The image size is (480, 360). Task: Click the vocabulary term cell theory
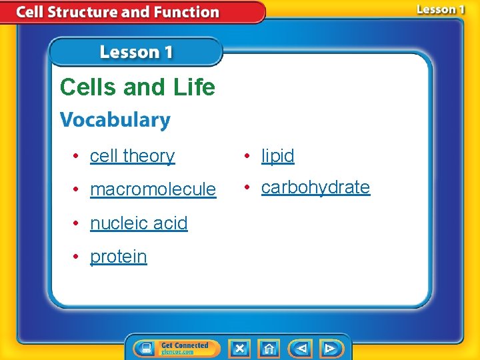(x=132, y=156)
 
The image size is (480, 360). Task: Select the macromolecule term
(x=153, y=190)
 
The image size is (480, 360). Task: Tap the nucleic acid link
(x=139, y=223)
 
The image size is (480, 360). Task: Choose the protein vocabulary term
(x=118, y=257)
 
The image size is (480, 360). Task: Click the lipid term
(x=277, y=156)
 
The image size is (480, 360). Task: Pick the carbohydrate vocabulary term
(x=315, y=187)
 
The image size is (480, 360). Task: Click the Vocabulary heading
(x=115, y=120)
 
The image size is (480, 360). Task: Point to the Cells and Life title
(x=137, y=87)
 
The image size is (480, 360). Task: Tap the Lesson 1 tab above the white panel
(x=136, y=52)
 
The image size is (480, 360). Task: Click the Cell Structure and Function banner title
(x=117, y=12)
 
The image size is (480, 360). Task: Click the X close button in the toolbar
(x=240, y=348)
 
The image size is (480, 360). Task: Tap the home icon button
(x=269, y=348)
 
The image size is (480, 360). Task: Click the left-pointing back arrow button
(x=301, y=348)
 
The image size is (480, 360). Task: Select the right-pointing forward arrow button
(x=330, y=348)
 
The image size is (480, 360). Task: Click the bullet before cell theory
(x=77, y=157)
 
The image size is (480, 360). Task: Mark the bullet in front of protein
(x=77, y=257)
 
